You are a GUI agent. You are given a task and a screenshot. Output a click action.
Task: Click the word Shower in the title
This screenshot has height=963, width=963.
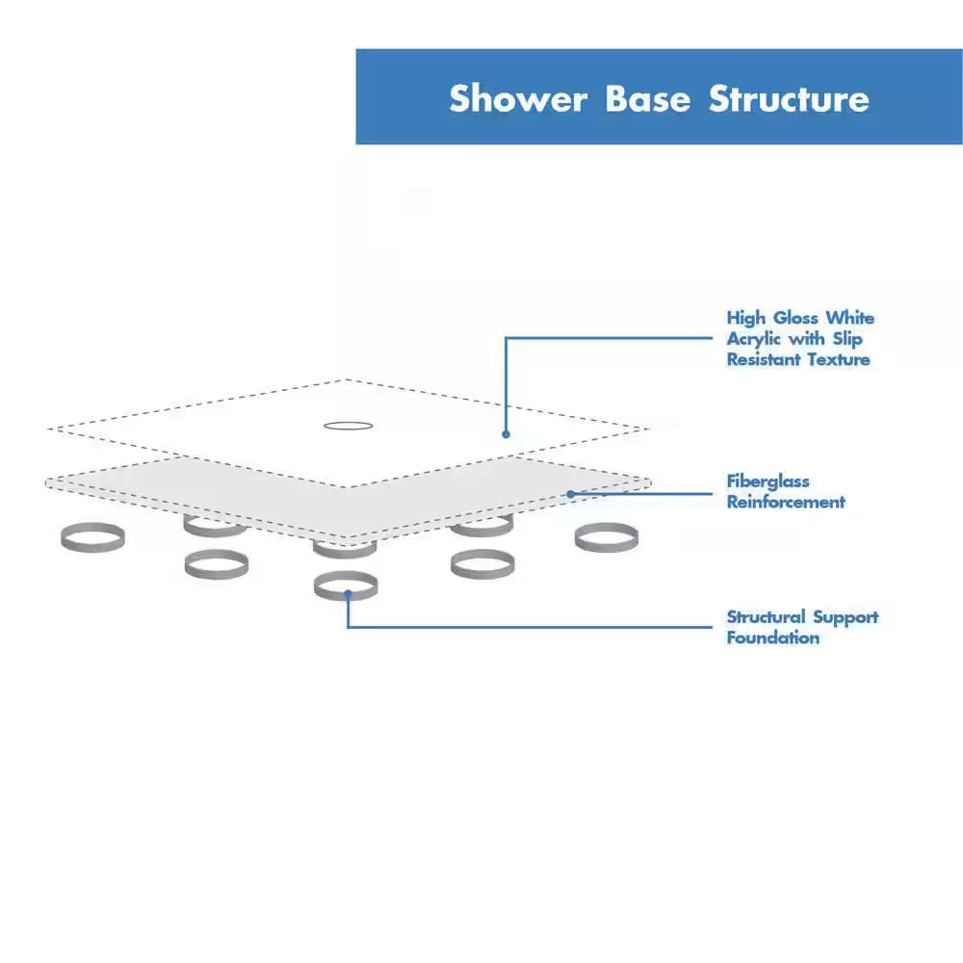[518, 99]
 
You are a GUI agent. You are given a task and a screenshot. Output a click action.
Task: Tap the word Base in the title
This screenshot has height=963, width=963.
[647, 99]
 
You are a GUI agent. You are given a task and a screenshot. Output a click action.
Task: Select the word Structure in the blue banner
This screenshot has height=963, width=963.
[789, 99]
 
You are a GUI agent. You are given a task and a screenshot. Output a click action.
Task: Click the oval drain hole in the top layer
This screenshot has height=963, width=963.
[348, 425]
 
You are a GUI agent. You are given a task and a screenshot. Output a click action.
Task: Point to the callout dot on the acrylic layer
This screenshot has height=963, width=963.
[506, 434]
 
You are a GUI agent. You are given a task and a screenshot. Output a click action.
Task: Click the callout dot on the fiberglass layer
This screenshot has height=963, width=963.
[570, 494]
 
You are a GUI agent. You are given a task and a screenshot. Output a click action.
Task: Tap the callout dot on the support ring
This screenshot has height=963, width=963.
[347, 596]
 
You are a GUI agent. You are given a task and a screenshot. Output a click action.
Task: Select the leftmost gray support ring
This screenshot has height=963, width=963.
[92, 537]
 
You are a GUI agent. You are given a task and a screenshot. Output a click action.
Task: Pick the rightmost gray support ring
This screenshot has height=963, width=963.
[607, 537]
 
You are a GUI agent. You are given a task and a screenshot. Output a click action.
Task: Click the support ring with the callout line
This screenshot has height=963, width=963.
[346, 585]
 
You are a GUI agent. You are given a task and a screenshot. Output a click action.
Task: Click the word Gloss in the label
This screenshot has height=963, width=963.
[795, 318]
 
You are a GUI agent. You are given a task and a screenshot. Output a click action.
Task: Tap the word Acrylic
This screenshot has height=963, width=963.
[755, 339]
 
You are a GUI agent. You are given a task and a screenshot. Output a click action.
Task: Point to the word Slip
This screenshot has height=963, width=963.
[846, 339]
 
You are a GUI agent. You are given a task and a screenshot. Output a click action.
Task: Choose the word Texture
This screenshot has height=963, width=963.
[840, 359]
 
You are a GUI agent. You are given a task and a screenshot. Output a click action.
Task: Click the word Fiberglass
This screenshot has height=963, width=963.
[768, 481]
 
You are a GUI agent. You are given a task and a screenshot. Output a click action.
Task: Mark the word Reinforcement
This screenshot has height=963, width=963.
[786, 502]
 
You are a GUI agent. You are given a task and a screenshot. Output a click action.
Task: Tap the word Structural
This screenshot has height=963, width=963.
[766, 617]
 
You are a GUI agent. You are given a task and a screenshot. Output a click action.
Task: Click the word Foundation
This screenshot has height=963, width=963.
[773, 638]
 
